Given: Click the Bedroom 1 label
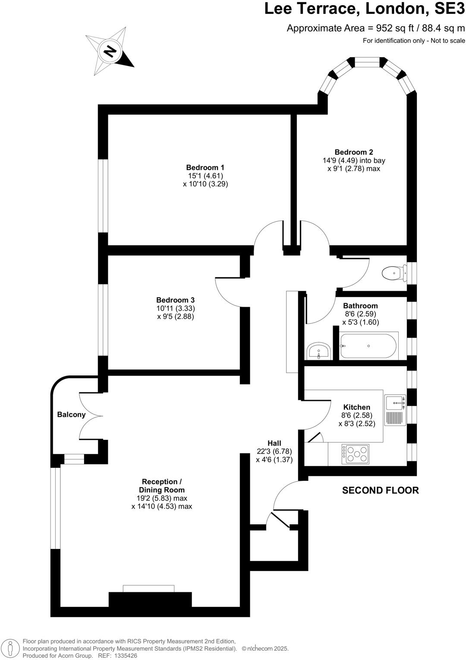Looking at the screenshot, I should (x=205, y=168).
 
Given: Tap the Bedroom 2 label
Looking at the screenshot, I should (x=354, y=152).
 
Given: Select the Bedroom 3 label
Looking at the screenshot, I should (x=175, y=300).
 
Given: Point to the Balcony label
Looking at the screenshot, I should (x=71, y=415).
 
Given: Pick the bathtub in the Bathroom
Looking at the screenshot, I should (x=368, y=346).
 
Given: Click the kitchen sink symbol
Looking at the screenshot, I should (x=395, y=403).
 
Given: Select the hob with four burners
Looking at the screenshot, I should (x=355, y=454).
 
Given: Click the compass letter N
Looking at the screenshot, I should (x=110, y=52).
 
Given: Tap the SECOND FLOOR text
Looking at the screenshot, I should (x=380, y=490).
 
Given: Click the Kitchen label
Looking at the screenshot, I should (x=357, y=407).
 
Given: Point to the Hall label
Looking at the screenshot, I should (x=274, y=443).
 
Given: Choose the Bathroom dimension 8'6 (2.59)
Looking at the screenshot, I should (x=361, y=314).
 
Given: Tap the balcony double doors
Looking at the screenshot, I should (x=91, y=416).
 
